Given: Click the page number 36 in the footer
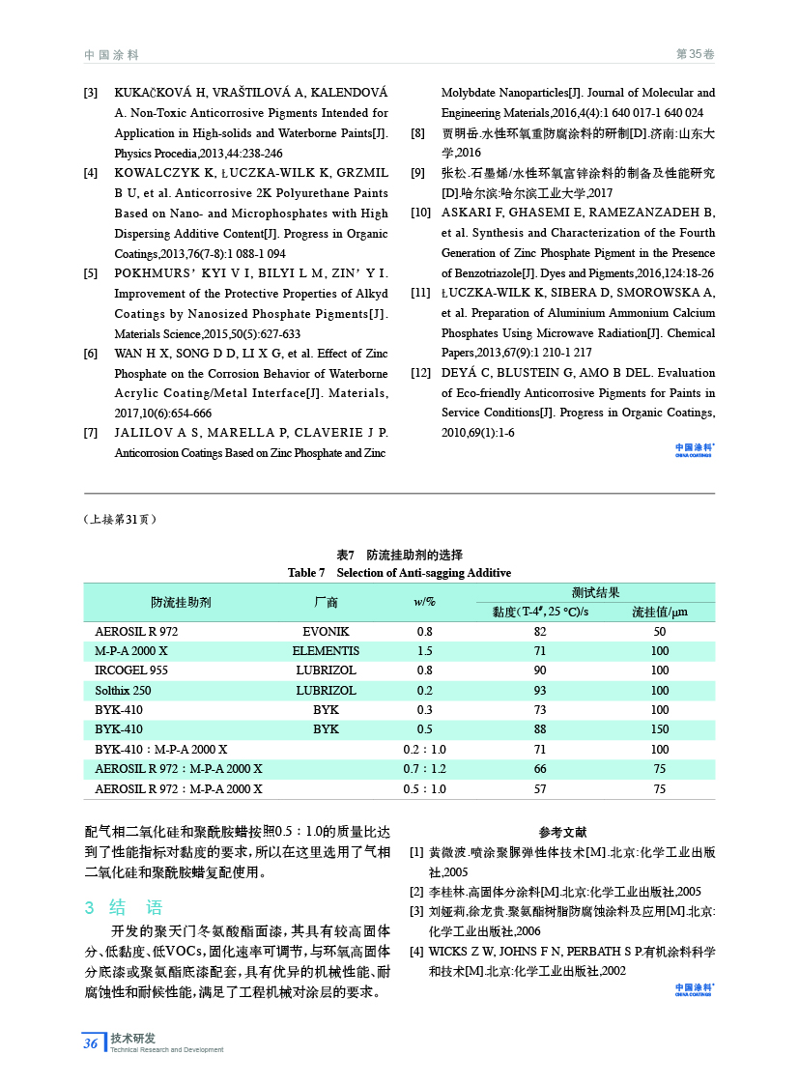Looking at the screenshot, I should pyautogui.click(x=90, y=1042).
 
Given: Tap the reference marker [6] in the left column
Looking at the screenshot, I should pyautogui.click(x=91, y=354).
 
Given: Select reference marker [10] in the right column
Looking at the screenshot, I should pyautogui.click(x=421, y=213).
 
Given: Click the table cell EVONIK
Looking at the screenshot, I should pyautogui.click(x=326, y=631).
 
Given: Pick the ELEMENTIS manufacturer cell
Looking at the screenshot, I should pyautogui.click(x=326, y=651).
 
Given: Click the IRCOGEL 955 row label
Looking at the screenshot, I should pyautogui.click(x=131, y=670).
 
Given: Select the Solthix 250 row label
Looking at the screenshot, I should pyautogui.click(x=123, y=691).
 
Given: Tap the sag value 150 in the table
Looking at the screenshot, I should pyautogui.click(x=659, y=729).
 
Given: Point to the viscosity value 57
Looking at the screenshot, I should pyautogui.click(x=539, y=789).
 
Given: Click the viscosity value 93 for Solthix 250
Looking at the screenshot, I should pyautogui.click(x=539, y=691).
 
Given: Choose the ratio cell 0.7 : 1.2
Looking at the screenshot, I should pyautogui.click(x=424, y=769).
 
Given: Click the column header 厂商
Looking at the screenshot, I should pyautogui.click(x=326, y=602).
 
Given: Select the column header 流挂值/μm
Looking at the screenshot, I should pyautogui.click(x=659, y=612).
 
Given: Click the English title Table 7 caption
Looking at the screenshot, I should pyautogui.click(x=399, y=573).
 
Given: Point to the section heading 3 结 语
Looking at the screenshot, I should pyautogui.click(x=124, y=907).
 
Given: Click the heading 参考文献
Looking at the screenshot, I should pyautogui.click(x=562, y=832).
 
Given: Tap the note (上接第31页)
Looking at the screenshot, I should pyautogui.click(x=121, y=519).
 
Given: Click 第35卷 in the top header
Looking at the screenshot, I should pyautogui.click(x=695, y=54).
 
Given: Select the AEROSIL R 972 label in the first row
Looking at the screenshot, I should pyautogui.click(x=136, y=631).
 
